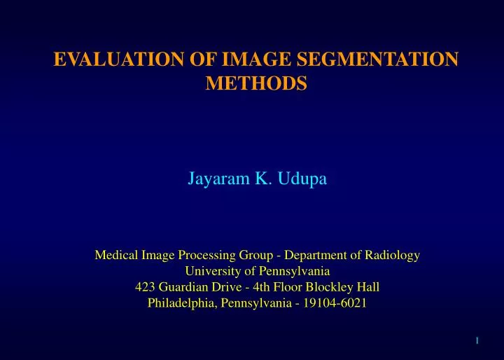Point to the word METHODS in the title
pos(257,84)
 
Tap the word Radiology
pos(391,256)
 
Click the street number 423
pos(144,287)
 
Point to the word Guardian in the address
pos(183,287)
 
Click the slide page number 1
pos(477,340)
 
